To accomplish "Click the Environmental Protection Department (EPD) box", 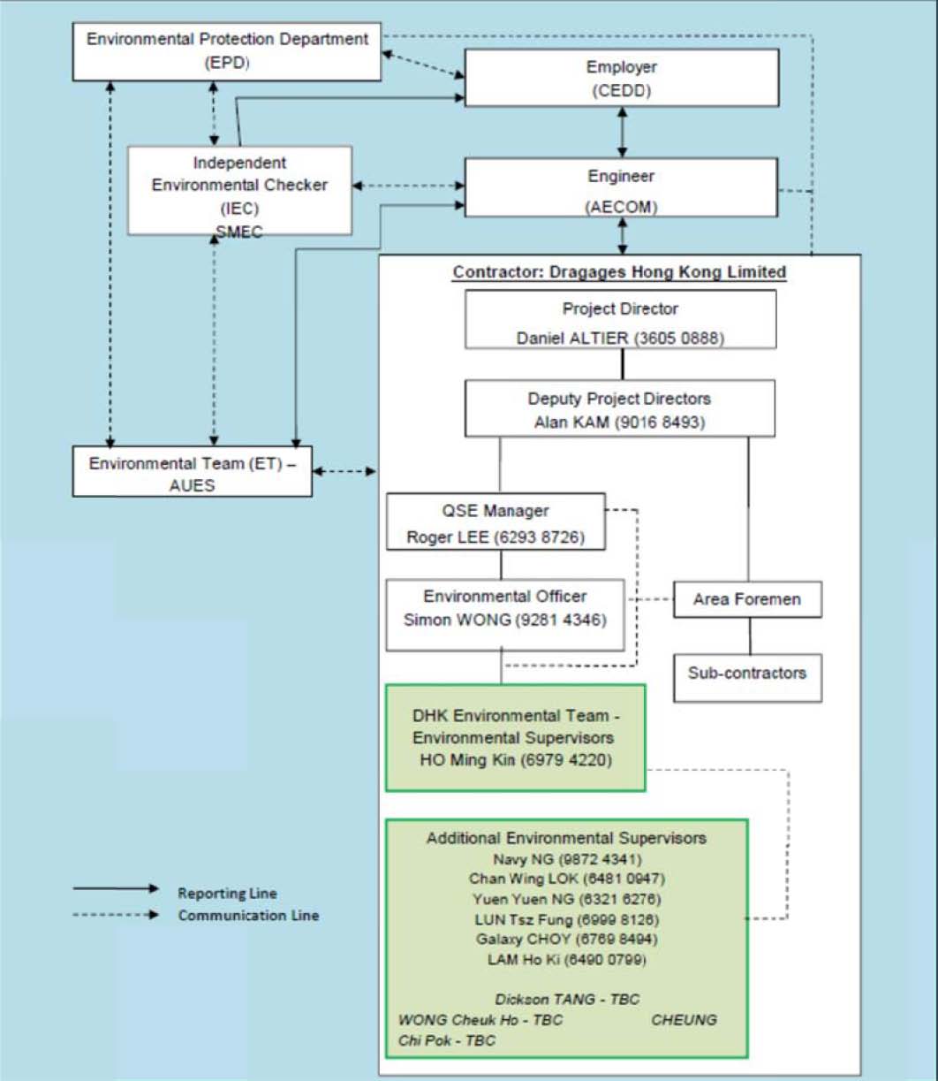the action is pyautogui.click(x=226, y=52).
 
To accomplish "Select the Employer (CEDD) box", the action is pyautogui.click(x=622, y=78).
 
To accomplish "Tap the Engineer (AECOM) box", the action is pyautogui.click(x=621, y=187).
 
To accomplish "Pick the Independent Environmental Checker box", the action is pyautogui.click(x=239, y=191).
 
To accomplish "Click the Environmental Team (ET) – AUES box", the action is pyautogui.click(x=193, y=471).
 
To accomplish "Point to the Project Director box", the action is pyautogui.click(x=621, y=319).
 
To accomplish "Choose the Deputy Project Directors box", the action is pyautogui.click(x=620, y=408).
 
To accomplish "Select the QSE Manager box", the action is pyautogui.click(x=495, y=522).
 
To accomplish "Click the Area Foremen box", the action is pyautogui.click(x=747, y=599).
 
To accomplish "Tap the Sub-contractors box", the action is pyautogui.click(x=747, y=679).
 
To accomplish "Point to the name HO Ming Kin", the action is pyautogui.click(x=467, y=760).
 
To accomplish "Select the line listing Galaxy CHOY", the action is pyautogui.click(x=567, y=939).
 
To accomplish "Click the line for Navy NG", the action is pyautogui.click(x=567, y=859).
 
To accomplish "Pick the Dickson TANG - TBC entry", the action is pyautogui.click(x=567, y=999).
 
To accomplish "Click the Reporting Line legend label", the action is pyautogui.click(x=228, y=893).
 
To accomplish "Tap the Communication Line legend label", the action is pyautogui.click(x=248, y=915).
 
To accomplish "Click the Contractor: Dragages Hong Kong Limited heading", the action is pyautogui.click(x=620, y=272).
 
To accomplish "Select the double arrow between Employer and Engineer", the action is pyautogui.click(x=623, y=133).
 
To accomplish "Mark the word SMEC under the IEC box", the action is pyautogui.click(x=239, y=232).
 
